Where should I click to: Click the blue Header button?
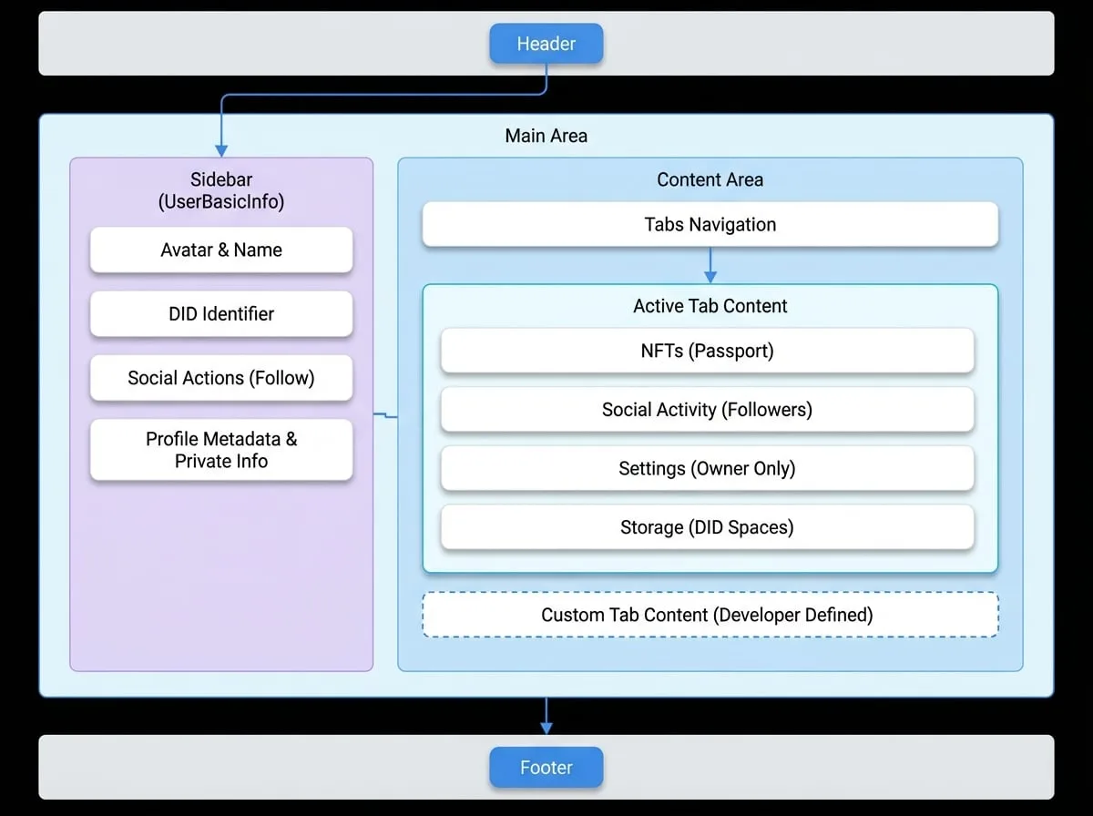tap(546, 44)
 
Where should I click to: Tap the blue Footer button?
tap(546, 767)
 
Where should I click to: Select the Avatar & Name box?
tap(221, 250)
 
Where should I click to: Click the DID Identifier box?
tap(221, 313)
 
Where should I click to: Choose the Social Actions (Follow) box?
tap(221, 378)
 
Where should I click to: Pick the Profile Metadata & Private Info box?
tap(221, 450)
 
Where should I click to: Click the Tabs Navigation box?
tap(710, 224)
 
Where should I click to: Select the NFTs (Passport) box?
tap(707, 351)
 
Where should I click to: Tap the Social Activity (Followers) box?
tap(707, 409)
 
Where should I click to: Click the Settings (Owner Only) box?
tap(707, 468)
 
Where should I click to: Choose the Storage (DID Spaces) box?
tap(707, 527)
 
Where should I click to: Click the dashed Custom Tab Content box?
tap(710, 615)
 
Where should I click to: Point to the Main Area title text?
tap(546, 136)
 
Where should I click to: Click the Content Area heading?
tap(710, 179)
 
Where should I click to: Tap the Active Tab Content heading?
tap(710, 306)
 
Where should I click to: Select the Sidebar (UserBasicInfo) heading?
tap(221, 190)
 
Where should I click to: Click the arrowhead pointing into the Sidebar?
tap(221, 151)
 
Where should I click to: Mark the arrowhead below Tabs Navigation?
tap(710, 277)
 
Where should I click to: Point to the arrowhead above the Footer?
tap(546, 729)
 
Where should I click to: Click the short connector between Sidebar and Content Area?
tap(385, 415)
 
